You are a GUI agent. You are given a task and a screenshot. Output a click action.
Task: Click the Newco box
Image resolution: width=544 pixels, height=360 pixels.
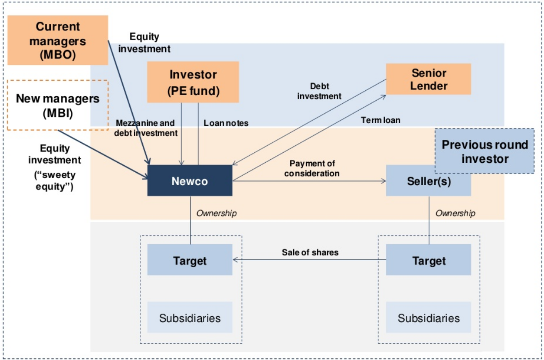pos(190,181)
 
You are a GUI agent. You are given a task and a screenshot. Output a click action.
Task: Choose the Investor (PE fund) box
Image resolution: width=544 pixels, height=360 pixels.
pos(193,82)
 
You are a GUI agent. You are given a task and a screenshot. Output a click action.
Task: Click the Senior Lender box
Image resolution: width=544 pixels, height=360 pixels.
pos(428,79)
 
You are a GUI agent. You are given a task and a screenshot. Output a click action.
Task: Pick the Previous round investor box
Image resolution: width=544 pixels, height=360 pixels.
pos(485,151)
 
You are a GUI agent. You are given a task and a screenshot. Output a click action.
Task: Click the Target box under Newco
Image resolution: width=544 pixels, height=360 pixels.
pos(190,260)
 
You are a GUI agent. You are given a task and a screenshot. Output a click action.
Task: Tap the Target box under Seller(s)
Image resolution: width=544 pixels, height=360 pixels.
pos(428,260)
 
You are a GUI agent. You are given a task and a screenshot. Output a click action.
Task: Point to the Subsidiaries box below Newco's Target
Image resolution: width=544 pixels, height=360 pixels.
pos(190,318)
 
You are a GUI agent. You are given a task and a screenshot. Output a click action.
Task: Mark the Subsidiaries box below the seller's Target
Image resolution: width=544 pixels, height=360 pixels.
pos(428,318)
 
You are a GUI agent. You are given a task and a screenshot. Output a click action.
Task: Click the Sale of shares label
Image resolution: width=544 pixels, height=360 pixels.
pos(310,252)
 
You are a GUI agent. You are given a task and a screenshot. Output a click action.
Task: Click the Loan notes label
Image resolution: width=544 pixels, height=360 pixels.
pos(226,123)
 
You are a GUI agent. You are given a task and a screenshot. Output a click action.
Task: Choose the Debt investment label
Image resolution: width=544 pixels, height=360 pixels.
pos(326,91)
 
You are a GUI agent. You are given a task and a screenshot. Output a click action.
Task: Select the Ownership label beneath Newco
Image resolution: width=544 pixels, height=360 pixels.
pos(216,213)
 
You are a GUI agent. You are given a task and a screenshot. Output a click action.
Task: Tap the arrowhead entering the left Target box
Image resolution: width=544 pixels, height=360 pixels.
pos(235,260)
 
